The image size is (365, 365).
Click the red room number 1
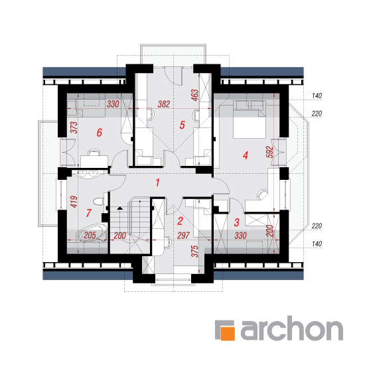click(x=158, y=183)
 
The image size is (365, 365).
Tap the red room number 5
click(x=183, y=125)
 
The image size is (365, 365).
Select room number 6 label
click(x=100, y=133)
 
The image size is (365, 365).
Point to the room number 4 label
click(x=246, y=155)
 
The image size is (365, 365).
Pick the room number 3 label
click(x=237, y=222)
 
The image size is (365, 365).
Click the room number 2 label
click(x=180, y=221)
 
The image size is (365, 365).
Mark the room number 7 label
click(x=89, y=213)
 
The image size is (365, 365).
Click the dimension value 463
click(x=194, y=95)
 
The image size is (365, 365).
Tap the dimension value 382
click(x=164, y=104)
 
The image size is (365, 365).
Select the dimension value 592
click(x=269, y=152)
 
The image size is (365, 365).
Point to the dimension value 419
click(x=74, y=202)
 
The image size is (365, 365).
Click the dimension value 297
click(x=183, y=236)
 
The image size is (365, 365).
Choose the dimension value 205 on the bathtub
click(x=90, y=236)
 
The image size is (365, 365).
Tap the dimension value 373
click(x=74, y=127)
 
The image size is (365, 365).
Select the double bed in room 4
click(x=250, y=119)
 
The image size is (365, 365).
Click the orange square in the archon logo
click(x=228, y=333)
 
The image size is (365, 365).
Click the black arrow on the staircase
click(x=119, y=208)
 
